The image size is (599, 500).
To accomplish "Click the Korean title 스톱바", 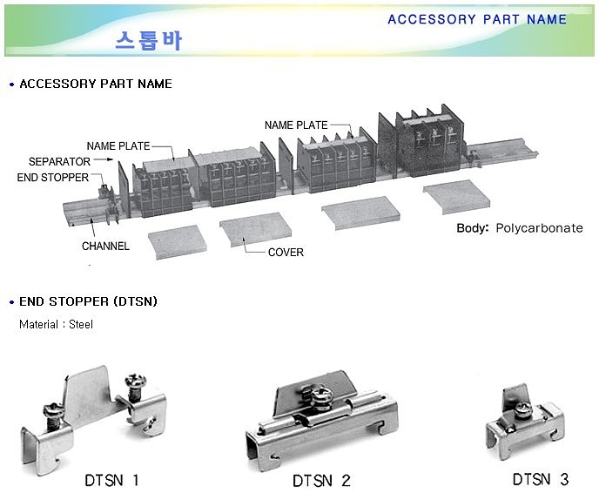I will point(149,40).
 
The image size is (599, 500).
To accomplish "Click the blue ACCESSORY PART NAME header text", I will point(476,19).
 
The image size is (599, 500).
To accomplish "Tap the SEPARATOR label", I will point(59,162).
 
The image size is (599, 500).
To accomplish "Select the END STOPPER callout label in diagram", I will point(53,178).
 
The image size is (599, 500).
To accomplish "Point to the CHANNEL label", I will point(105,247).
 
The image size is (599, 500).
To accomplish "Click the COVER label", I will point(286,252).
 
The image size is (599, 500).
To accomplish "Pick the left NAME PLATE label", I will point(118,145).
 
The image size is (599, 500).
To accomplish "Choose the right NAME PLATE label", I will point(296,125).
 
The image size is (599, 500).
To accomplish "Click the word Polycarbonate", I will point(539,228).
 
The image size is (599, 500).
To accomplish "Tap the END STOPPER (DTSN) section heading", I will point(88,301).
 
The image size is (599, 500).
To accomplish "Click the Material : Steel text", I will point(56,325).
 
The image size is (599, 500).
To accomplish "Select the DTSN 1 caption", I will point(111,479).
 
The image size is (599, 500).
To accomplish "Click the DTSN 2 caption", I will point(321,480).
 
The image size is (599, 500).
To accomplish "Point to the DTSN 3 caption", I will point(540,479).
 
